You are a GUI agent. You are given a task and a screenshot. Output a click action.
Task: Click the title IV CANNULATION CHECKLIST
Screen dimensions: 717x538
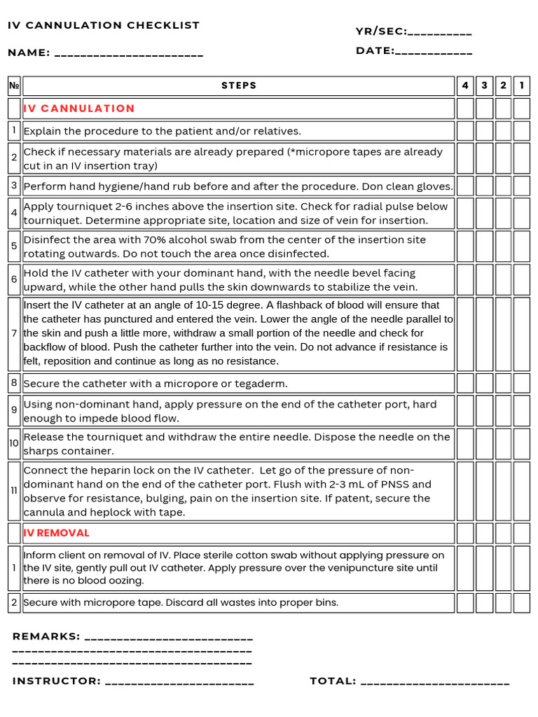[x=104, y=25]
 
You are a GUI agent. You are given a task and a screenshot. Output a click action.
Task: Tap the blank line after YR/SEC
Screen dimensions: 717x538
[x=439, y=33]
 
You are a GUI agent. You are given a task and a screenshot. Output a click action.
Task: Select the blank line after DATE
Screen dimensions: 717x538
[x=434, y=53]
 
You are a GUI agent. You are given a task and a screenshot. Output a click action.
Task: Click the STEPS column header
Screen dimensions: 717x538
[x=239, y=85]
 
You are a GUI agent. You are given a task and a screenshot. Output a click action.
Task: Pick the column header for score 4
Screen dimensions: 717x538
[x=465, y=85]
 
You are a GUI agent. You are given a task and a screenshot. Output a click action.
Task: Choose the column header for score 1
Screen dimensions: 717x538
[x=521, y=85]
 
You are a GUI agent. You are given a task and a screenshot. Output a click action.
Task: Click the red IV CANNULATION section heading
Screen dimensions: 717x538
[x=79, y=109]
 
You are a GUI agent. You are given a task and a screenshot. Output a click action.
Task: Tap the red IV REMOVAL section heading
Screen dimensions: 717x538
[x=57, y=533]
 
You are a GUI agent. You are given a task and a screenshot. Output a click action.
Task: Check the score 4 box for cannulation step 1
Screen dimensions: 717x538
[x=465, y=131]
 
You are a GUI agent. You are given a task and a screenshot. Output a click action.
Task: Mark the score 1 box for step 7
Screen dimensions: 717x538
[x=521, y=333]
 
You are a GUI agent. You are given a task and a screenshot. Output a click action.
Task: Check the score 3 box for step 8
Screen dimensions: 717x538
[x=484, y=383]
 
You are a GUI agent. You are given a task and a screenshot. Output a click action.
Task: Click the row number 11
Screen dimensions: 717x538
[x=14, y=491]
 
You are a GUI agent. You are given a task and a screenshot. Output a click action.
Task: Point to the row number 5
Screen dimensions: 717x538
[x=14, y=246]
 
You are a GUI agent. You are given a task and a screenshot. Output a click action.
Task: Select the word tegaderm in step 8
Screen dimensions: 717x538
[x=260, y=384]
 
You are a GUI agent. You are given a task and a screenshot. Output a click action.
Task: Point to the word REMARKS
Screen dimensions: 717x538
[x=46, y=636]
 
